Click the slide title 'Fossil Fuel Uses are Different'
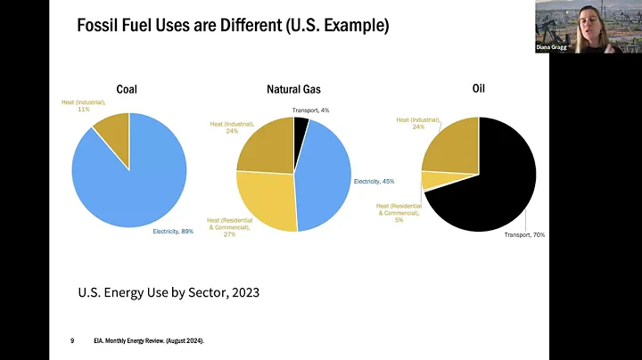click(232, 25)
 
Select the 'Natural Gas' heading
click(294, 89)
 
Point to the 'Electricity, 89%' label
click(173, 232)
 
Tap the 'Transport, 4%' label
click(310, 110)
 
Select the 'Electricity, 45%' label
click(374, 181)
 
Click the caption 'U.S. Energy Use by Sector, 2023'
click(168, 291)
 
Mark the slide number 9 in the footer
click(72, 340)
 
